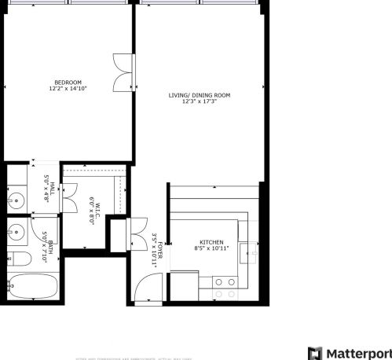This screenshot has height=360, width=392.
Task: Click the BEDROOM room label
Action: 68,82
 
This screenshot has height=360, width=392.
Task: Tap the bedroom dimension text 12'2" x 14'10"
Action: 68,88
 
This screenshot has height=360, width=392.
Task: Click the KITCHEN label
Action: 211,242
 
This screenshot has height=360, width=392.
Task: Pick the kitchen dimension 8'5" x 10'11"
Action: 211,248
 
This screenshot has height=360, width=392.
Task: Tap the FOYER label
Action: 160,252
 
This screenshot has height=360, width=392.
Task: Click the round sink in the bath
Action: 15,232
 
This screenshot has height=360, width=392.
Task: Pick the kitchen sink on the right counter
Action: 250,252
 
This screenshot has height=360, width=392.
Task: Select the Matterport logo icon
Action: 315,352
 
